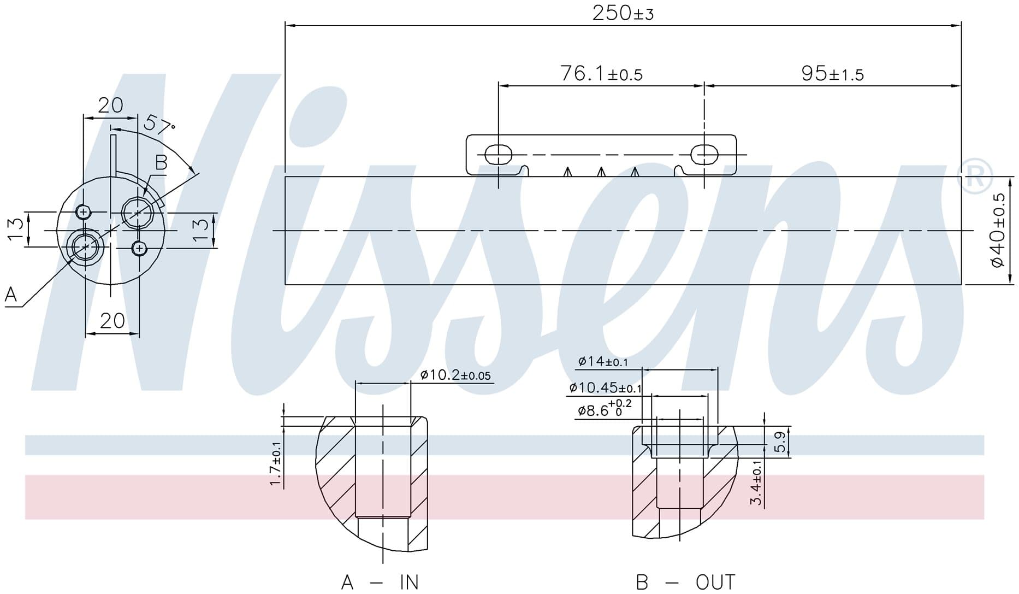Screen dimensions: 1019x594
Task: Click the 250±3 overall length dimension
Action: pos(623,13)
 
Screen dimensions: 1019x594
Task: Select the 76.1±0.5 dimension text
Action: pos(601,73)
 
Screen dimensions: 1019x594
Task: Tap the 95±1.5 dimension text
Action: pos(832,73)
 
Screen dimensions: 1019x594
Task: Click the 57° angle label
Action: pos(159,125)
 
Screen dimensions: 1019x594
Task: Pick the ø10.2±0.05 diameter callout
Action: pos(455,375)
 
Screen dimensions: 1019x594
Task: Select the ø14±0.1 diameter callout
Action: pos(603,361)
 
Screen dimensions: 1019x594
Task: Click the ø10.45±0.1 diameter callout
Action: pos(605,388)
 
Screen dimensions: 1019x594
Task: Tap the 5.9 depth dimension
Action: pos(780,442)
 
